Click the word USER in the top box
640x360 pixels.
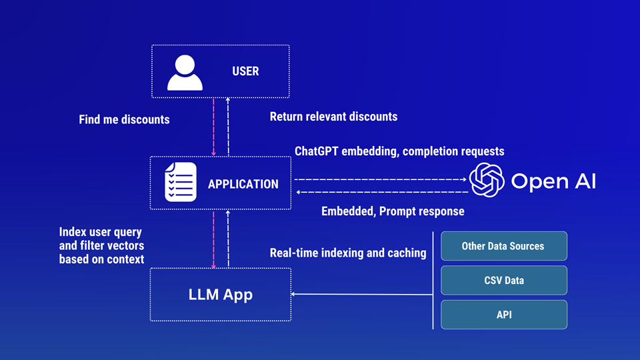click(x=245, y=71)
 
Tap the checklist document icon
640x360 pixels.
click(x=181, y=182)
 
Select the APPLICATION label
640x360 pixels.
click(x=243, y=184)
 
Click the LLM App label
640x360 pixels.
click(x=221, y=294)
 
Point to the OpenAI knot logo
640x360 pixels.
click(x=486, y=181)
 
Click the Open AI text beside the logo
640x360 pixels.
click(x=553, y=181)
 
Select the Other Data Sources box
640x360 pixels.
click(x=503, y=246)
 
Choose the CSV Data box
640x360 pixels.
click(x=503, y=280)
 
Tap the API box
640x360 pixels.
click(x=503, y=314)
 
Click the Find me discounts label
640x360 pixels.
click(x=124, y=120)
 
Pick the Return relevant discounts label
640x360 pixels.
click(x=333, y=117)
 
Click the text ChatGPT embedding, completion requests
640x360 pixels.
click(x=399, y=151)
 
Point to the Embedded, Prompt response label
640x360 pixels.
click(x=393, y=211)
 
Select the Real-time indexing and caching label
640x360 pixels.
click(x=348, y=253)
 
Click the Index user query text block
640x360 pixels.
click(x=101, y=245)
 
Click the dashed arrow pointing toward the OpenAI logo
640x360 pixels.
click(x=380, y=179)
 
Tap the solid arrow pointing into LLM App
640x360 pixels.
click(x=360, y=294)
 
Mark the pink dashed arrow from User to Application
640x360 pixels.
click(x=213, y=127)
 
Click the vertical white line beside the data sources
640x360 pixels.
click(x=433, y=280)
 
